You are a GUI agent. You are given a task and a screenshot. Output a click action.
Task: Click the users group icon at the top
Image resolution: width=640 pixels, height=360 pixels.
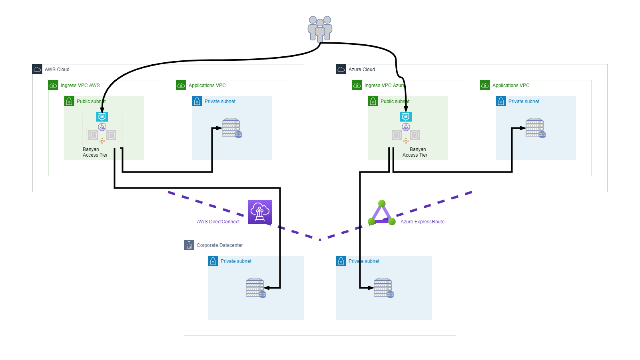pyautogui.click(x=320, y=28)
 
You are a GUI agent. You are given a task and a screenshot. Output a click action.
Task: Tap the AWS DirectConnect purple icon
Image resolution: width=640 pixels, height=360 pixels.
pyautogui.click(x=260, y=212)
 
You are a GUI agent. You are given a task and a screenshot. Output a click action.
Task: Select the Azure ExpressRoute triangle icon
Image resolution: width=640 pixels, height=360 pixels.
pyautogui.click(x=382, y=213)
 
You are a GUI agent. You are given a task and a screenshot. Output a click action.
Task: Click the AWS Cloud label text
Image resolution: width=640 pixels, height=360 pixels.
pyautogui.click(x=57, y=70)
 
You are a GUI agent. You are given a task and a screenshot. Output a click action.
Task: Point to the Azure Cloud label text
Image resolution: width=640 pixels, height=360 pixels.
pyautogui.click(x=361, y=70)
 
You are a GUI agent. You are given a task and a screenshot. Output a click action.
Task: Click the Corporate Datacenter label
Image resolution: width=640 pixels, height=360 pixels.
pyautogui.click(x=219, y=245)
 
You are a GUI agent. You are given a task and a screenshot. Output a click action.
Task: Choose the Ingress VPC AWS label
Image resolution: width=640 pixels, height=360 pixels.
pyautogui.click(x=80, y=86)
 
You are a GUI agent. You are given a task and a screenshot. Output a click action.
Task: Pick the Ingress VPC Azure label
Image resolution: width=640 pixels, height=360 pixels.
pyautogui.click(x=384, y=86)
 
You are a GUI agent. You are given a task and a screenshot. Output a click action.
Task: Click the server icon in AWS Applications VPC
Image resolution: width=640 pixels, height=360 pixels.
pyautogui.click(x=231, y=128)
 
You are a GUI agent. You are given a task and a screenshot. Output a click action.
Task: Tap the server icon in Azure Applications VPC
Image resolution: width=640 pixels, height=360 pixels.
pyautogui.click(x=535, y=128)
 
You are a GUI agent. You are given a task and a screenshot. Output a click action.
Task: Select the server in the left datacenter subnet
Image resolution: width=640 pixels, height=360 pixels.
pyautogui.click(x=255, y=288)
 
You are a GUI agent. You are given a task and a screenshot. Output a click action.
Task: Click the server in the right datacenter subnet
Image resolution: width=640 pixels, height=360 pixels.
pyautogui.click(x=383, y=288)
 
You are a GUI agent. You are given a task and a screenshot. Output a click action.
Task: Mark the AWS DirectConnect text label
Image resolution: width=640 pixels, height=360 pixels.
pyautogui.click(x=218, y=222)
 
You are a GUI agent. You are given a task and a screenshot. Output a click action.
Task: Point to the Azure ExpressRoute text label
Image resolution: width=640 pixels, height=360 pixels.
pyautogui.click(x=422, y=222)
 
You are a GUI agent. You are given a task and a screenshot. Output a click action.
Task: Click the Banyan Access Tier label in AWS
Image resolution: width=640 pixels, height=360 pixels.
pyautogui.click(x=95, y=152)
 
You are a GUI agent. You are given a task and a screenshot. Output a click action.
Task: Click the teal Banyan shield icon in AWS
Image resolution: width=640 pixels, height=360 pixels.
pyautogui.click(x=102, y=117)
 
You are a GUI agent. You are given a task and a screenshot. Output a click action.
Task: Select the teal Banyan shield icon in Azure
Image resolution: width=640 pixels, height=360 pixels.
pyautogui.click(x=406, y=117)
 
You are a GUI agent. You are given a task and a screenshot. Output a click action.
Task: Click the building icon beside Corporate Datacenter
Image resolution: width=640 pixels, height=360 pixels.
pyautogui.click(x=189, y=245)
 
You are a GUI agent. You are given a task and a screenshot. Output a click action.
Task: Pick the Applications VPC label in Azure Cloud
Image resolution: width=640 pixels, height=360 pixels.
pyautogui.click(x=510, y=86)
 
